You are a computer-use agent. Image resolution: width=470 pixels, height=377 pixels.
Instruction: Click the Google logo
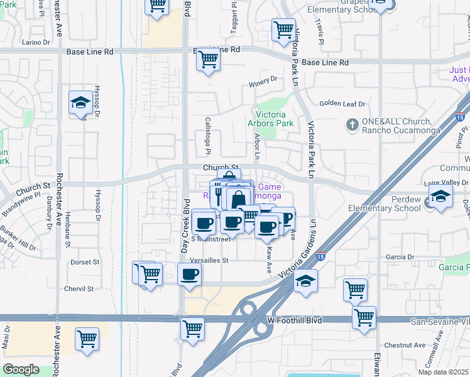point(21,369)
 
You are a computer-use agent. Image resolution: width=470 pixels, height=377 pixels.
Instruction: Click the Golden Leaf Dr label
point(342,104)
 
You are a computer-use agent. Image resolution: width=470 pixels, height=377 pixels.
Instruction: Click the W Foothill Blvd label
point(294,320)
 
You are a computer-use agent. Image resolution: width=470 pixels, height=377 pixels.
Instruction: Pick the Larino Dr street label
point(35,43)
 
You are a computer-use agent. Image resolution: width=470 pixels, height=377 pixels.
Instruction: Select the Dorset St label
point(85,262)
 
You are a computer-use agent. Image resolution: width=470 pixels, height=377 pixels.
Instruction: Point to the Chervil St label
point(79,289)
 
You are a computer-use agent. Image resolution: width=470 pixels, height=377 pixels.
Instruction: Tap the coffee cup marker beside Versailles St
point(189,274)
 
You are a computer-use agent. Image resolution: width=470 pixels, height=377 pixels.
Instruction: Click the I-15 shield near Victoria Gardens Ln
point(320,256)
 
